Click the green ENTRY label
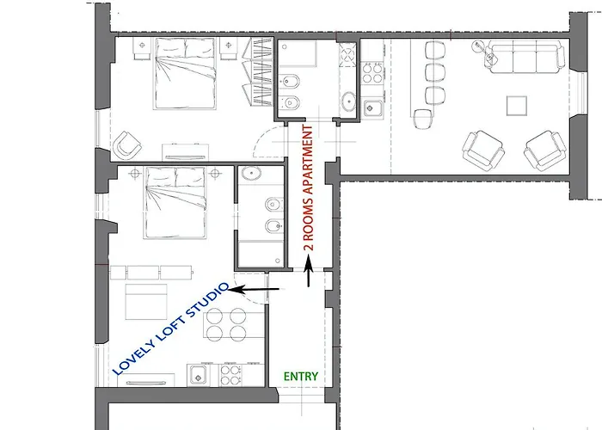point(301,377)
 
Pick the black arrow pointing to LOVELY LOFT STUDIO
point(255,289)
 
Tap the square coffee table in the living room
point(516,106)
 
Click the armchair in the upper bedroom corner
point(126,145)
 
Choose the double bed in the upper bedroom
point(185,73)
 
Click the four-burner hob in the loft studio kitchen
point(230,375)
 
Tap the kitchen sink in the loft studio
point(198,375)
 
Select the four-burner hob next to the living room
point(372,73)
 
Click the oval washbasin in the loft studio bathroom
point(251,173)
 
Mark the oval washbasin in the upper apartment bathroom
point(349,101)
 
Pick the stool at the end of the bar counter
point(423,119)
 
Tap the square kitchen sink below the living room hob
point(372,108)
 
